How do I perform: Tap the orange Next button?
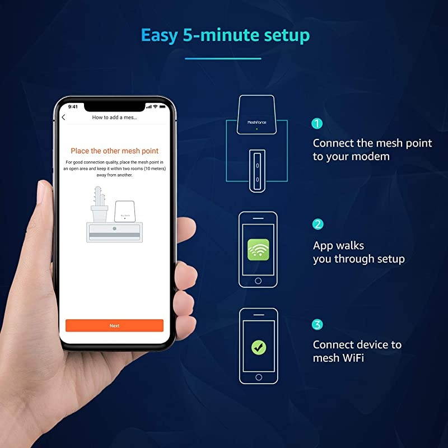[114, 325]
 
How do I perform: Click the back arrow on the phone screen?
[63, 117]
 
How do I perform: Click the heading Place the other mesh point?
[114, 151]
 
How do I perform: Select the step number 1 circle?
[318, 124]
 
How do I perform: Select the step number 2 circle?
[318, 224]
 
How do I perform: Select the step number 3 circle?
[318, 324]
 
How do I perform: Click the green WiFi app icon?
[258, 249]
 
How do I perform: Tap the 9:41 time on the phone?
[73, 106]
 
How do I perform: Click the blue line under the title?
[223, 58]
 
